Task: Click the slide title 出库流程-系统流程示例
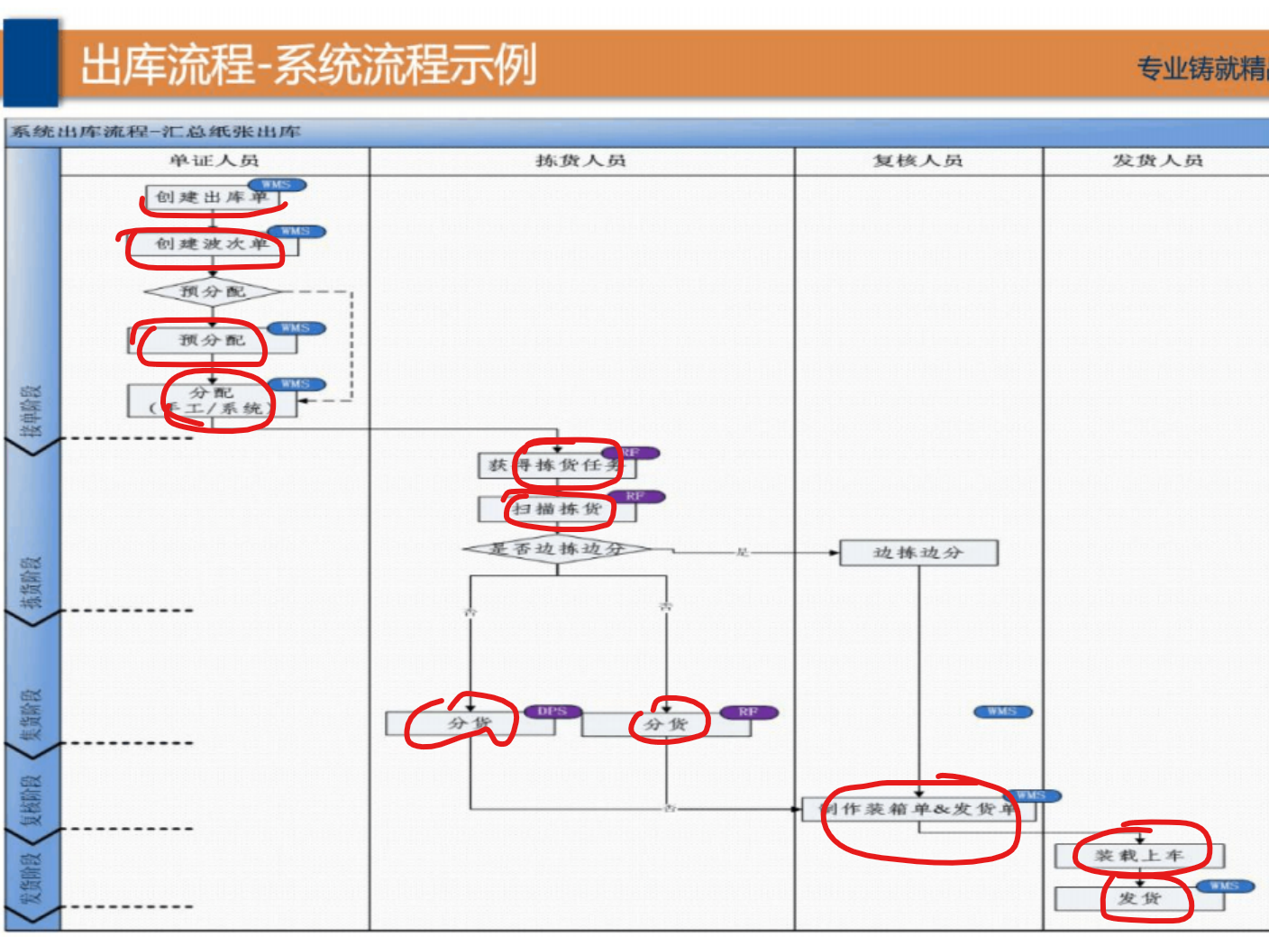tap(308, 66)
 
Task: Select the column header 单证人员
tap(215, 161)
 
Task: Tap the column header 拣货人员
tap(580, 161)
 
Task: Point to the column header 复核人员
tap(918, 161)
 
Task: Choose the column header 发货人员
tap(1157, 161)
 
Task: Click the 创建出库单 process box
tap(212, 198)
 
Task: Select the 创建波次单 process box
tap(212, 244)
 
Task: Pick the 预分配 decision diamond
tap(213, 292)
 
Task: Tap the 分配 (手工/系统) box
tap(212, 401)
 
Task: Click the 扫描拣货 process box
tap(557, 510)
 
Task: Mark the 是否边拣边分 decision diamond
tap(557, 548)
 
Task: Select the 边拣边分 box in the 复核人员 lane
tap(918, 553)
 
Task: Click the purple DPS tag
tap(552, 712)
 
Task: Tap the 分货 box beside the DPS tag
tap(470, 723)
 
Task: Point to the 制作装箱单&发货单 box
tap(918, 809)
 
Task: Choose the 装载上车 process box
tap(1139, 855)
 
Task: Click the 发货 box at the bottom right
tap(1139, 898)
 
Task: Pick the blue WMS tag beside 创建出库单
tap(277, 185)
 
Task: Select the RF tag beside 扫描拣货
tap(635, 497)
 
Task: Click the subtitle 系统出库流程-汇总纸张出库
tap(156, 133)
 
